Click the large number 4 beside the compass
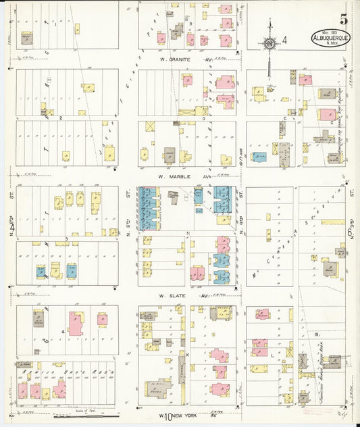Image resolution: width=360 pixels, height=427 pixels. point(285,41)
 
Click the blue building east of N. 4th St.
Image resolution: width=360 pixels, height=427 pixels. point(260,157)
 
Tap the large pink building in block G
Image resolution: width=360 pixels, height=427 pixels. point(78,324)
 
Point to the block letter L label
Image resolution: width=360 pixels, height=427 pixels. point(272,353)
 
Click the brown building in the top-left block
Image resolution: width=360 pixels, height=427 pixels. point(27,39)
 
